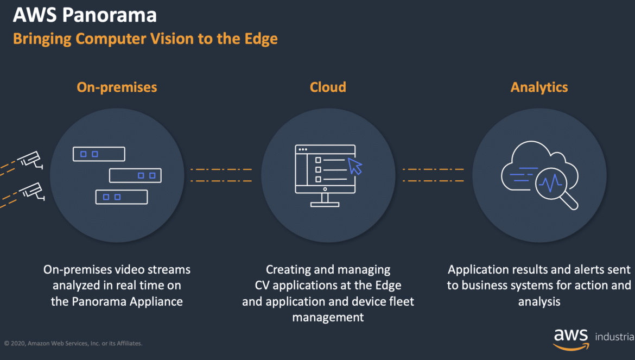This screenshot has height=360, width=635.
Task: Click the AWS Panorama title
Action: point(85,15)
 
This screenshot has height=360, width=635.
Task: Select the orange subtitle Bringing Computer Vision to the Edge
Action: point(145,39)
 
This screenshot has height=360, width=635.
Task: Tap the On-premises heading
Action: point(117,87)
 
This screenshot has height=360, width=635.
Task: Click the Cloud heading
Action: point(328,87)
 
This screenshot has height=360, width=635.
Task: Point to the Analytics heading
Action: point(539,87)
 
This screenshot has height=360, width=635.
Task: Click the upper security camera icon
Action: point(31,160)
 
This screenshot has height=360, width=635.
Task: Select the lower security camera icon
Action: point(32,191)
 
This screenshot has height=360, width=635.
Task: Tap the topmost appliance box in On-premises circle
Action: point(99,154)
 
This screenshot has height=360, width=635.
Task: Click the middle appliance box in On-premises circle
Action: point(135,175)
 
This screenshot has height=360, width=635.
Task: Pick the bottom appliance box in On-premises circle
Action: point(122,197)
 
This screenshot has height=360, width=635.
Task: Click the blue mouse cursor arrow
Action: point(355,166)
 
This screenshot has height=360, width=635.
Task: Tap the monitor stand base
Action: point(325,204)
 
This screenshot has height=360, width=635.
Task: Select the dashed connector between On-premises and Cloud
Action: point(221,175)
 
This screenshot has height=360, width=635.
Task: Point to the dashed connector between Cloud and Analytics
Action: point(433,175)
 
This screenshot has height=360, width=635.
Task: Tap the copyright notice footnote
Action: point(73,343)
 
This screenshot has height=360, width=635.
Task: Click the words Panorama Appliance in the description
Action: point(127,302)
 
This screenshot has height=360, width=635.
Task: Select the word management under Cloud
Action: point(328,318)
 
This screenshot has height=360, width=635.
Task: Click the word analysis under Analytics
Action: point(539,302)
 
